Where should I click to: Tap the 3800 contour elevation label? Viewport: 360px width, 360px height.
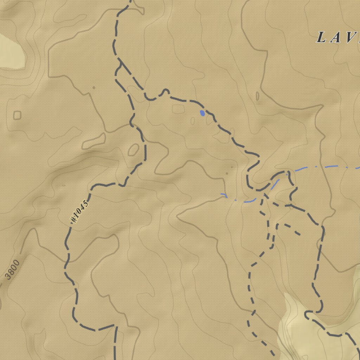tap(13, 270)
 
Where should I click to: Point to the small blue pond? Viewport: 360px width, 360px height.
tap(202, 113)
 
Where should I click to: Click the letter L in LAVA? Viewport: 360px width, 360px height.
tap(321, 37)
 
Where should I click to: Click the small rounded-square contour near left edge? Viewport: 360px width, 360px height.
tap(17, 115)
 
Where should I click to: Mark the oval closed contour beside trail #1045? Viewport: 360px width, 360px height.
tap(133, 150)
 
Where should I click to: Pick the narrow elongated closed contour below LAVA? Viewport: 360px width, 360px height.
tap(257, 96)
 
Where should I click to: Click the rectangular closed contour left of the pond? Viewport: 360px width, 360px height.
tap(178, 109)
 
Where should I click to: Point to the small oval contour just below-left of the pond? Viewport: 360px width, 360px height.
tap(193, 121)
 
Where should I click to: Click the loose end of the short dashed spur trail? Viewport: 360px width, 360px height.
tap(300, 234)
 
